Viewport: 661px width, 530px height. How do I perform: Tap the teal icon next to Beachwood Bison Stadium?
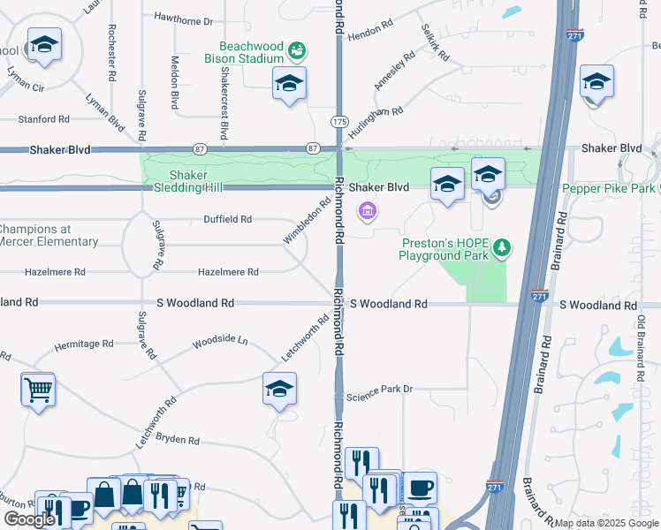click(298, 47)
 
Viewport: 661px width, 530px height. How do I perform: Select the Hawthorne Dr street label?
click(184, 19)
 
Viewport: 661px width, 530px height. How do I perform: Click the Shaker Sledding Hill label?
click(186, 181)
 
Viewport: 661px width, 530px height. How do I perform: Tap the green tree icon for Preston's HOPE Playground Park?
click(502, 247)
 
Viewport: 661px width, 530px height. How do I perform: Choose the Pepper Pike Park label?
click(608, 188)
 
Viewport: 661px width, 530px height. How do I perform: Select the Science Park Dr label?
click(379, 390)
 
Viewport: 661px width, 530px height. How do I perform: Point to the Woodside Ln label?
click(220, 340)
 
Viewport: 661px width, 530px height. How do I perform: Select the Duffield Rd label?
click(227, 219)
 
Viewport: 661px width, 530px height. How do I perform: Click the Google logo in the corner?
click(28, 519)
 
